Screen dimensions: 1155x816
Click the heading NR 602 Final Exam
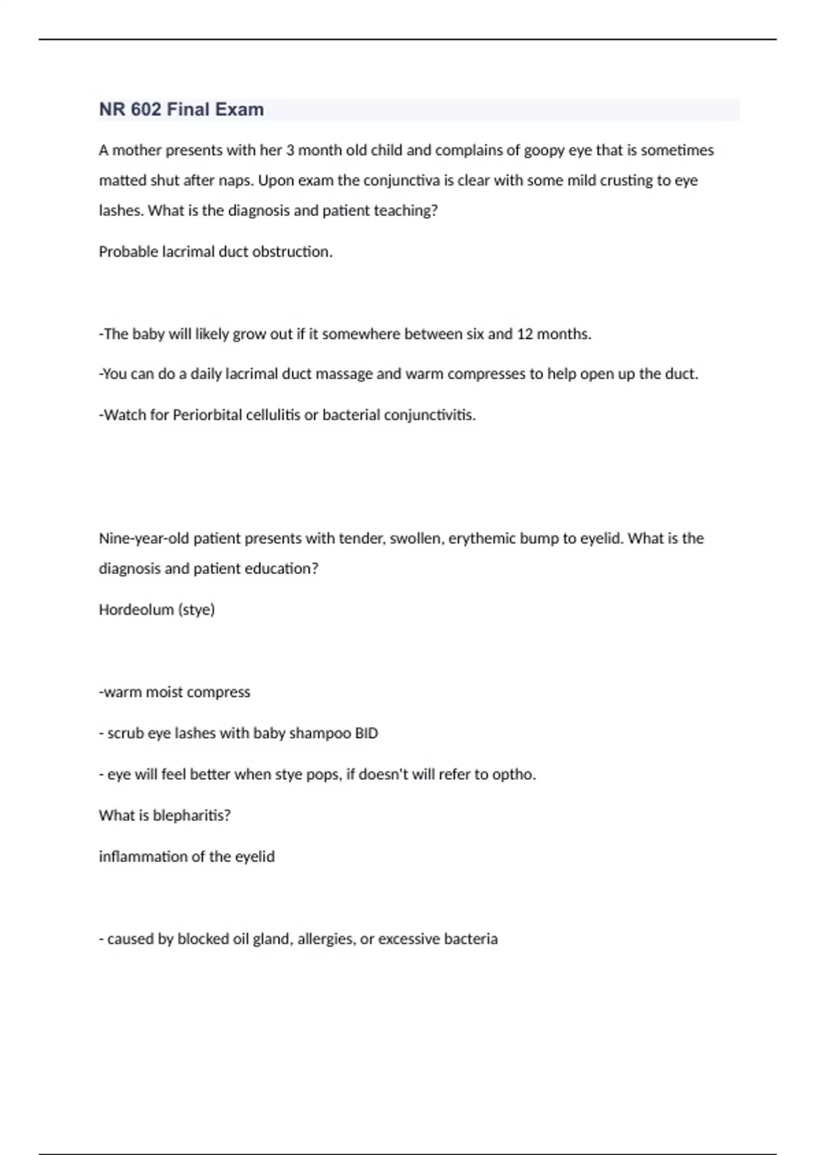(181, 109)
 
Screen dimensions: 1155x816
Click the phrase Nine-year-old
(143, 539)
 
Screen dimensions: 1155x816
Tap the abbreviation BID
(367, 734)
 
